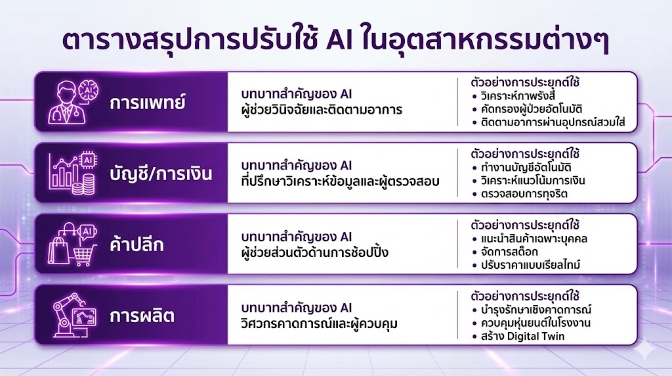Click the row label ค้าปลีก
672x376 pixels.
136,245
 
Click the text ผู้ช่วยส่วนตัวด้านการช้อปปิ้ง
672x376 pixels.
319,251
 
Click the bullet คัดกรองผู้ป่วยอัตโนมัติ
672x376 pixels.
535,109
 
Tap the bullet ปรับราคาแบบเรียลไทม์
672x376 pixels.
532,264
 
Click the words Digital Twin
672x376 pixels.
536,336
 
